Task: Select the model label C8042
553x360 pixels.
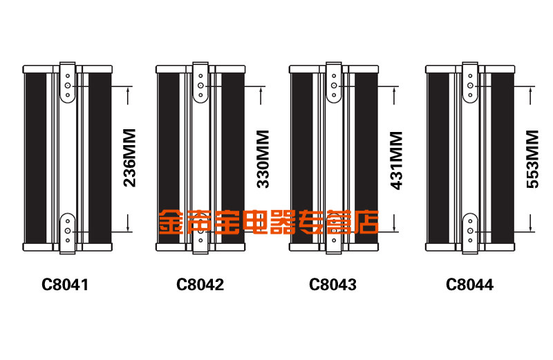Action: [x=200, y=283]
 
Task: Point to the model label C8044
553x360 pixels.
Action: [x=470, y=283]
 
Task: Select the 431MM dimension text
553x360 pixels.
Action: [x=396, y=159]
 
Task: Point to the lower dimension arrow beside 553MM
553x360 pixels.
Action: [x=532, y=221]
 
